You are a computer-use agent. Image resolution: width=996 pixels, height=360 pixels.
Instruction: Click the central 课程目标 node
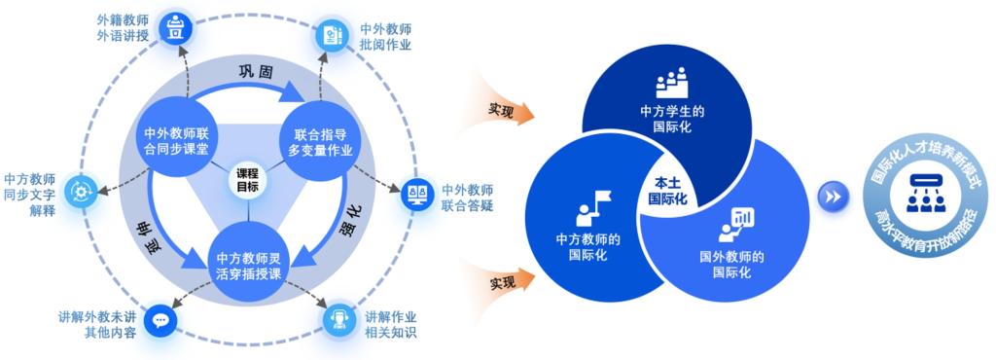click(248, 180)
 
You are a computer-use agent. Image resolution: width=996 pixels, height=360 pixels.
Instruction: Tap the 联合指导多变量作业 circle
click(319, 142)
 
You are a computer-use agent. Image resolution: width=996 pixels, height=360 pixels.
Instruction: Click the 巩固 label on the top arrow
click(256, 72)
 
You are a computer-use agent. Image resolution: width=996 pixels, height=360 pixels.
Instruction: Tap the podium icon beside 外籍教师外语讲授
click(174, 28)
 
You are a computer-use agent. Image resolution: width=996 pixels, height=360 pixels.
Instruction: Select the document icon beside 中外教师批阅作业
click(333, 35)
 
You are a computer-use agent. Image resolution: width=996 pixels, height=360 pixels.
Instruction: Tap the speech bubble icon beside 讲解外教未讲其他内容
click(160, 321)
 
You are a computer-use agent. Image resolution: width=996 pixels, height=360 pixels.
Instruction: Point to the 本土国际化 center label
click(667, 189)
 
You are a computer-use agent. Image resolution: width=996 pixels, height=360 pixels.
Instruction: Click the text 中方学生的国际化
click(672, 119)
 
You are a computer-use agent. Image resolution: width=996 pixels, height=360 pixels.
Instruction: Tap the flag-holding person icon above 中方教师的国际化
click(592, 207)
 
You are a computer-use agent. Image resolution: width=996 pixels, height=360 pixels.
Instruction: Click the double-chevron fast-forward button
click(833, 198)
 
